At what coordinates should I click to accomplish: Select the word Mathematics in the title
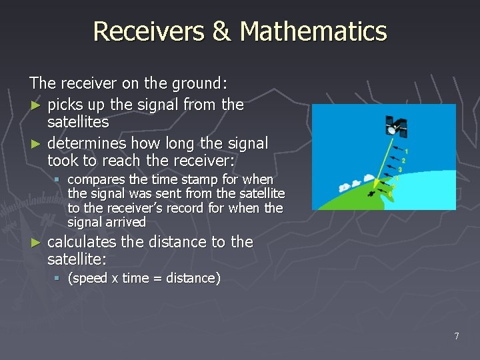click(x=313, y=31)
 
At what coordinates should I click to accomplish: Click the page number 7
click(x=456, y=336)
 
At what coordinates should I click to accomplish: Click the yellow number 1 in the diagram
click(x=406, y=151)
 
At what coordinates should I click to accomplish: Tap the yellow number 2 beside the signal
click(x=403, y=160)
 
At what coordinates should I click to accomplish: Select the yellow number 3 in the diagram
click(x=399, y=169)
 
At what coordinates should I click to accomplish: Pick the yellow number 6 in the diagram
click(x=390, y=193)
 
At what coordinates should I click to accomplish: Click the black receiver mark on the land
click(x=371, y=194)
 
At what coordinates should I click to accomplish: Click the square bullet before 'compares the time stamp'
click(x=58, y=180)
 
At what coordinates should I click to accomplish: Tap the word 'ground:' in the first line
click(x=200, y=84)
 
